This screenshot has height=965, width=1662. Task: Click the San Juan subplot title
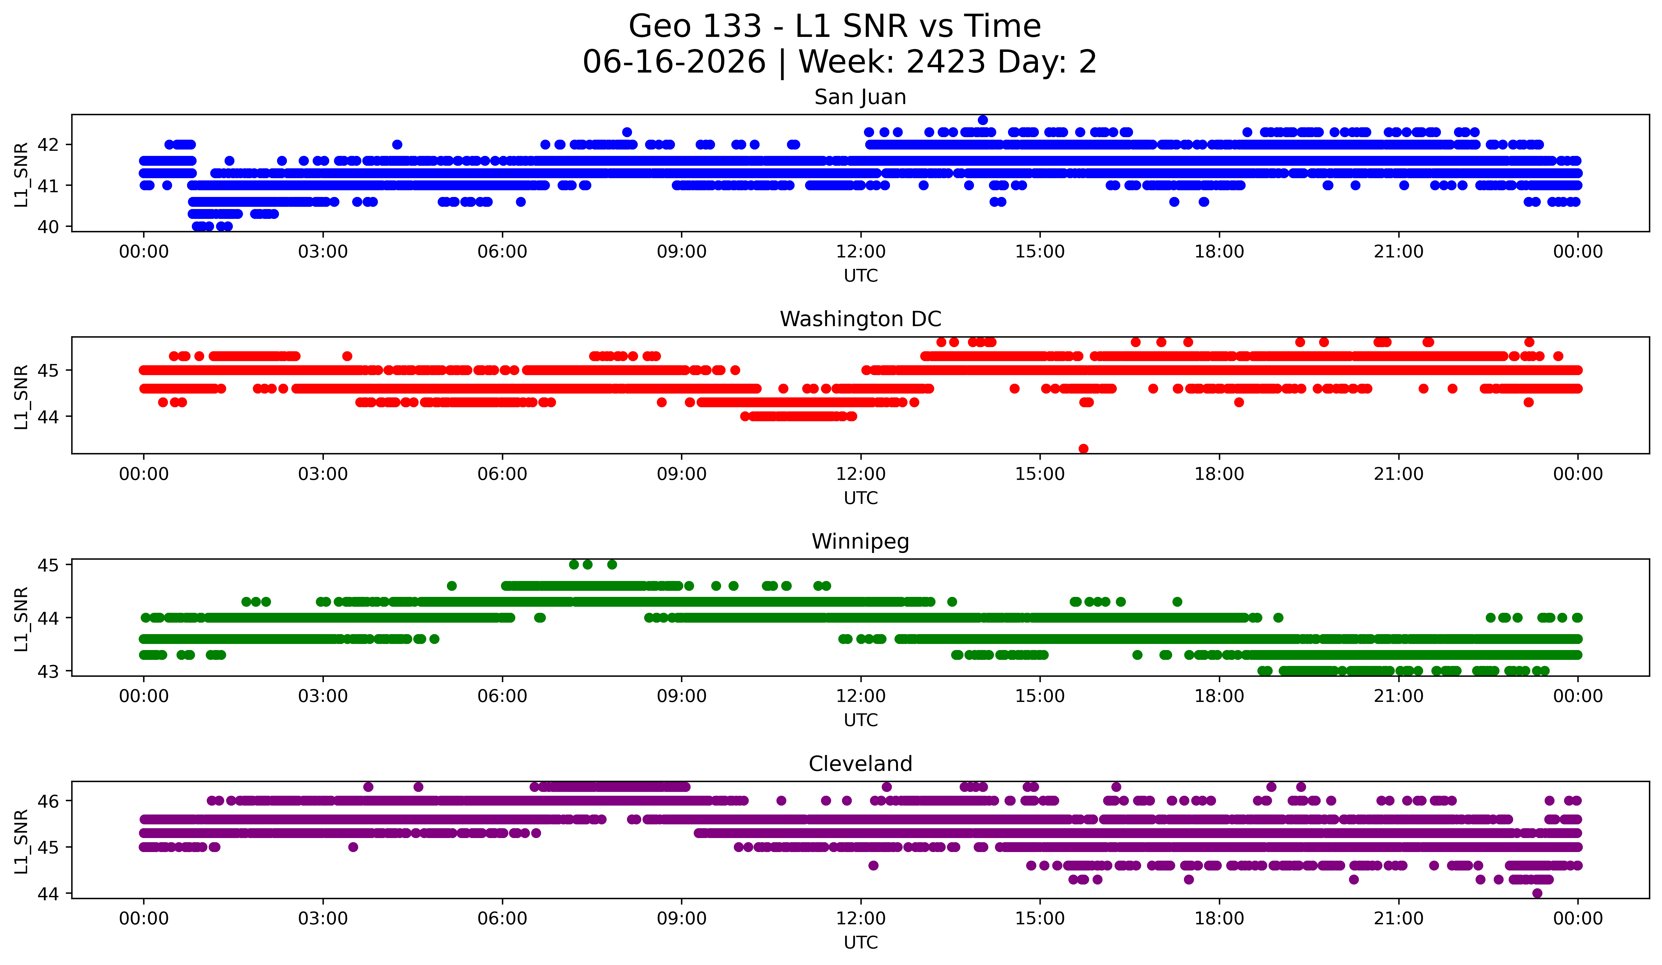pyautogui.click(x=860, y=97)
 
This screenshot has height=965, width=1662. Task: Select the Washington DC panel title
pyautogui.click(x=860, y=319)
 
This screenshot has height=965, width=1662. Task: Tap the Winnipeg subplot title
pyautogui.click(x=860, y=542)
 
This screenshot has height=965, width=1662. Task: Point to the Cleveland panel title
pyautogui.click(x=860, y=764)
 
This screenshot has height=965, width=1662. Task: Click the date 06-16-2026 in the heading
pyautogui.click(x=674, y=62)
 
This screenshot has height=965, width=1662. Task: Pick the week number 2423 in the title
pyautogui.click(x=946, y=62)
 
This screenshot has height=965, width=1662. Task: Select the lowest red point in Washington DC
pyautogui.click(x=1083, y=449)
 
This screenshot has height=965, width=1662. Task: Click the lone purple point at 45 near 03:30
pyautogui.click(x=353, y=847)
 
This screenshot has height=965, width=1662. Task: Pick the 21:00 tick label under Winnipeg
pyautogui.click(x=1398, y=696)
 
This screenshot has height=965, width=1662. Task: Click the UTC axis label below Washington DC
pyautogui.click(x=861, y=498)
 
